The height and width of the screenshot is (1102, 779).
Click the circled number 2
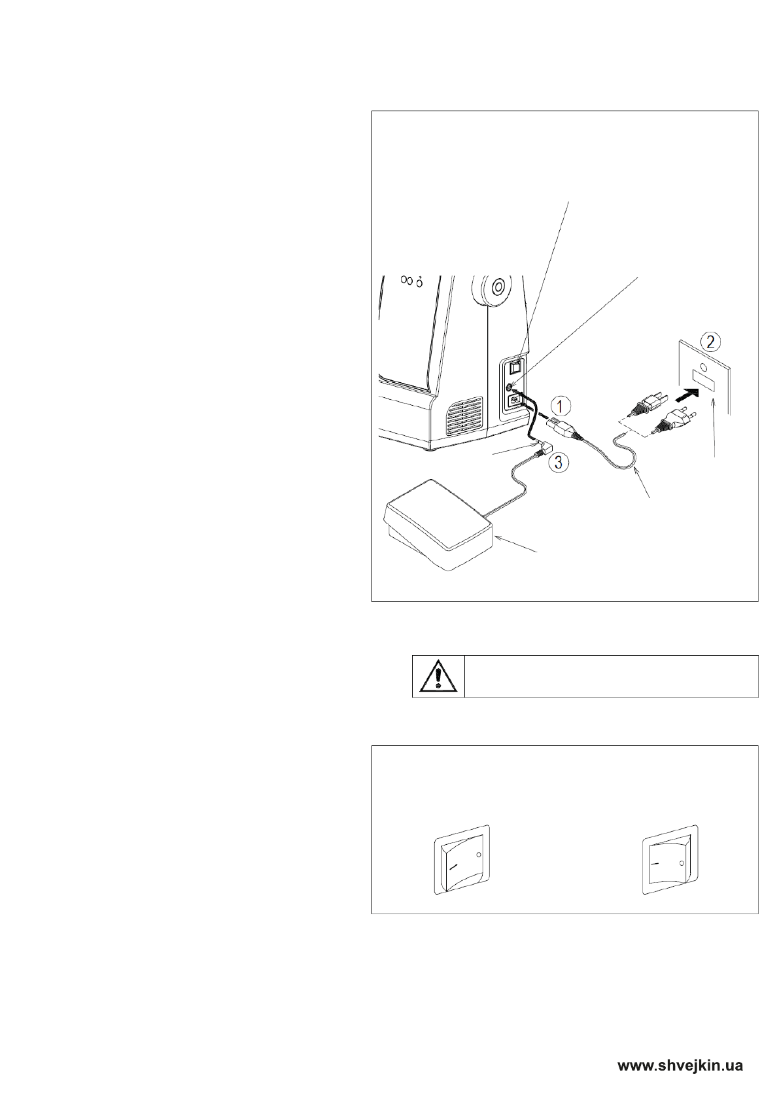pos(711,342)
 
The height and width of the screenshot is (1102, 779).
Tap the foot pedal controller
pos(436,524)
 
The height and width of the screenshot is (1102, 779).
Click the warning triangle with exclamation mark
pos(438,675)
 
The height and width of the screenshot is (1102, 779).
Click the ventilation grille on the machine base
pos(466,417)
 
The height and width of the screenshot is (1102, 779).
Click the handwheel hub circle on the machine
pos(496,286)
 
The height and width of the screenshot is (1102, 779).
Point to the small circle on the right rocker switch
pos(682,864)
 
